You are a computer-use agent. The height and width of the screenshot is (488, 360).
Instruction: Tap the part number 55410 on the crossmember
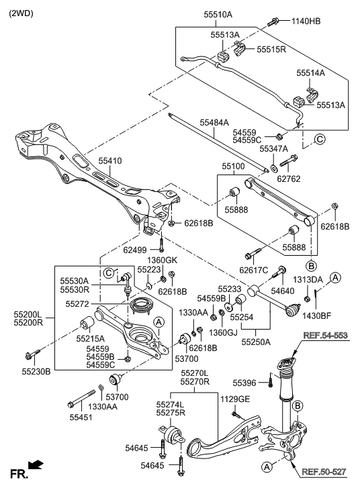coord(110,161)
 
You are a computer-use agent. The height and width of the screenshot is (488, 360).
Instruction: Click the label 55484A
coord(214,122)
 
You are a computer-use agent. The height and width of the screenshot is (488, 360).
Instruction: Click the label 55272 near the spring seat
coord(79,304)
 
